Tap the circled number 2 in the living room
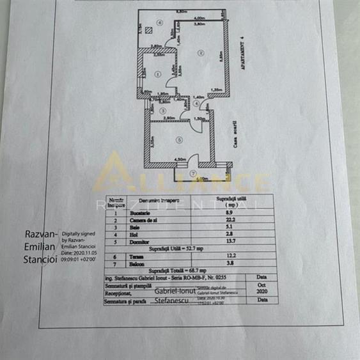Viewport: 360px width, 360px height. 200,52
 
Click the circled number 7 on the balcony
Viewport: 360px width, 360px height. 194,173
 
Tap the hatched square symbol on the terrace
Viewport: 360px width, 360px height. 148,29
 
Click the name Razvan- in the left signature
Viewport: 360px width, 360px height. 41,235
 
